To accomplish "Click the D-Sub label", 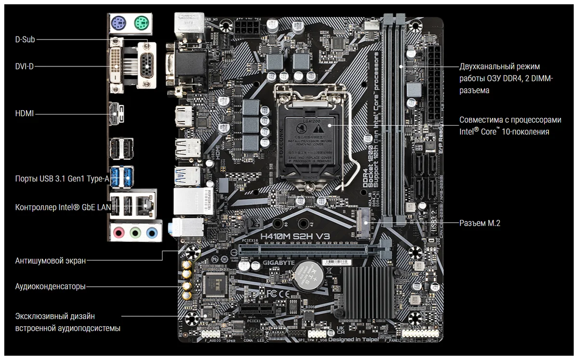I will click(x=25, y=40).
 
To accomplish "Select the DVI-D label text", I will click(x=25, y=66).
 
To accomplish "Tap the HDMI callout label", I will click(x=25, y=114).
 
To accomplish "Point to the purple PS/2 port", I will click(x=118, y=23).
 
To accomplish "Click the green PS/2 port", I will click(x=141, y=23).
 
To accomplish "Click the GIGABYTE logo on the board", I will click(x=278, y=264).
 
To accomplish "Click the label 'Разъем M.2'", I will click(x=480, y=223).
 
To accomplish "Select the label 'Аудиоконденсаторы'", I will click(x=51, y=286).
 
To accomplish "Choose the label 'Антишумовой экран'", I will click(x=51, y=261).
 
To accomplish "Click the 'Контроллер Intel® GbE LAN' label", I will click(x=63, y=207).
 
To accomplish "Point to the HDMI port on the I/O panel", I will click(x=117, y=114).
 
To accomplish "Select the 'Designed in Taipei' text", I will click(x=354, y=340).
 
